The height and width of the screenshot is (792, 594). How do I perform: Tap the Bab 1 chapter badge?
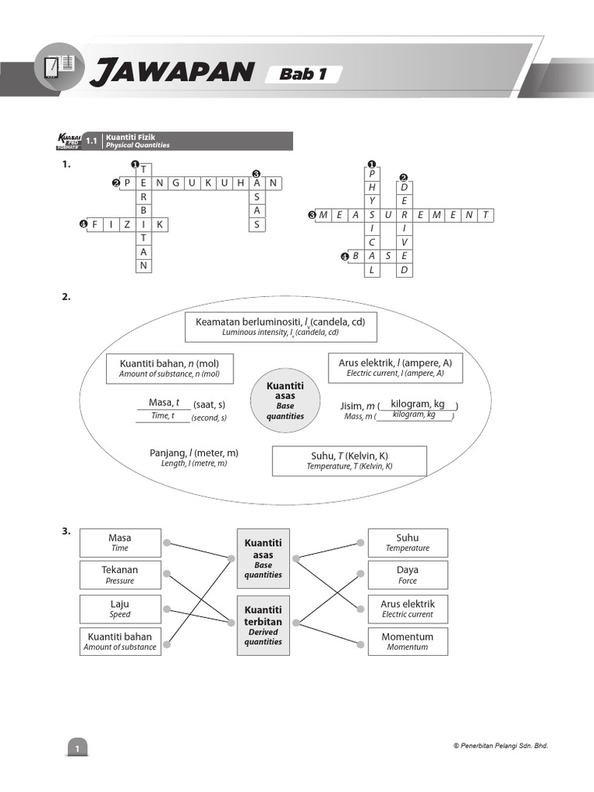tap(302, 74)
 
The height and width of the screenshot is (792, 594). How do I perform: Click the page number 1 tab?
tap(77, 748)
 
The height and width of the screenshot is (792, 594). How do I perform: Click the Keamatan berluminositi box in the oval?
tap(281, 326)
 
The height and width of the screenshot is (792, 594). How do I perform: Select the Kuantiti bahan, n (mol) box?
tap(169, 368)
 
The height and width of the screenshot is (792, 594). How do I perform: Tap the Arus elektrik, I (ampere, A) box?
tap(395, 367)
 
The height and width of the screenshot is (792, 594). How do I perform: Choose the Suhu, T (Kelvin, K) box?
tap(349, 461)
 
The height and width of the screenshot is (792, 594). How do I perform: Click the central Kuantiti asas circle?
tap(285, 401)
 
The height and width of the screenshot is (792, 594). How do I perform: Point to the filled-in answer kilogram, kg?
tap(418, 405)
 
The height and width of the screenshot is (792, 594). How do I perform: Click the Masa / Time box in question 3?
tap(120, 543)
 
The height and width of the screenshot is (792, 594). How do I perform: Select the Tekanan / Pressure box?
tap(120, 575)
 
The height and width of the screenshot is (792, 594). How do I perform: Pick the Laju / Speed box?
tap(120, 609)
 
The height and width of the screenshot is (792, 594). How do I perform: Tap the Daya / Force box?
tap(408, 575)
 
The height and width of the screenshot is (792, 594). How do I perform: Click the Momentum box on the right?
tap(408, 641)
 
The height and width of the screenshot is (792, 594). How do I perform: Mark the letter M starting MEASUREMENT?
tap(324, 215)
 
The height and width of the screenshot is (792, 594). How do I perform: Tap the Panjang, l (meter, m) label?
tap(193, 457)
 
